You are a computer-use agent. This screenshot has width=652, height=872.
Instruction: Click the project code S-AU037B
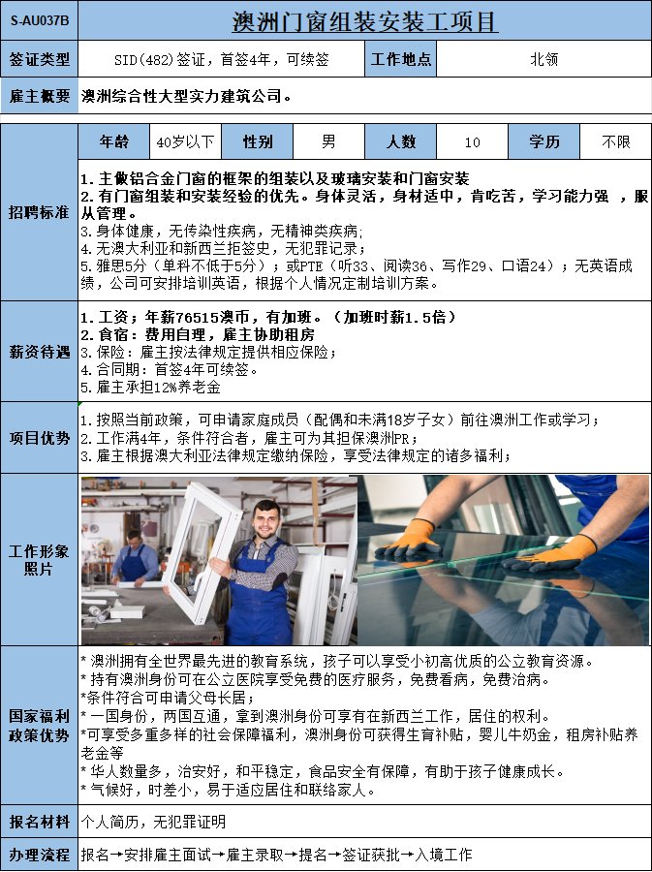(x=40, y=20)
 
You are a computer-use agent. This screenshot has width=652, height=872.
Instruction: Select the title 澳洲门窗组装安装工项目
(x=364, y=21)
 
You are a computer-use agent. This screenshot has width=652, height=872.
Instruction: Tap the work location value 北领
(x=544, y=59)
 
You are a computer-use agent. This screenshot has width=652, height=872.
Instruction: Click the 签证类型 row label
(x=40, y=58)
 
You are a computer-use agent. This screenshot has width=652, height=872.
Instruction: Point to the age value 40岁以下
(x=185, y=141)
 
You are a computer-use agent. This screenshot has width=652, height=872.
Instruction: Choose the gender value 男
(x=328, y=141)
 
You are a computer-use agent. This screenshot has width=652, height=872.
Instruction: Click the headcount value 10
(x=472, y=142)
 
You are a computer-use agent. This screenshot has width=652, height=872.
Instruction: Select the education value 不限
(x=616, y=141)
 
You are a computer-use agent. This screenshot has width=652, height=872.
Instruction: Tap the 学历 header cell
(x=544, y=141)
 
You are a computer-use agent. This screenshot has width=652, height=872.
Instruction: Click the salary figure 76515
(x=198, y=317)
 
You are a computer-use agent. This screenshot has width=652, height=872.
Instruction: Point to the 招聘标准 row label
(x=39, y=212)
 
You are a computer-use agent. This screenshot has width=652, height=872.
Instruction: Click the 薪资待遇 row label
(x=40, y=352)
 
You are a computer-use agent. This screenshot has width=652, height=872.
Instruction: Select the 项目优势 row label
(x=40, y=438)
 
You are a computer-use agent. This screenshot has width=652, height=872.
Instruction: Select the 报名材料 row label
(x=40, y=822)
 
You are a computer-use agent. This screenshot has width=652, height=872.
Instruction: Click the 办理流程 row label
(x=40, y=855)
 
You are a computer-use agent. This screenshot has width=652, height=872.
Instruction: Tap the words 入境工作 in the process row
(x=443, y=855)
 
